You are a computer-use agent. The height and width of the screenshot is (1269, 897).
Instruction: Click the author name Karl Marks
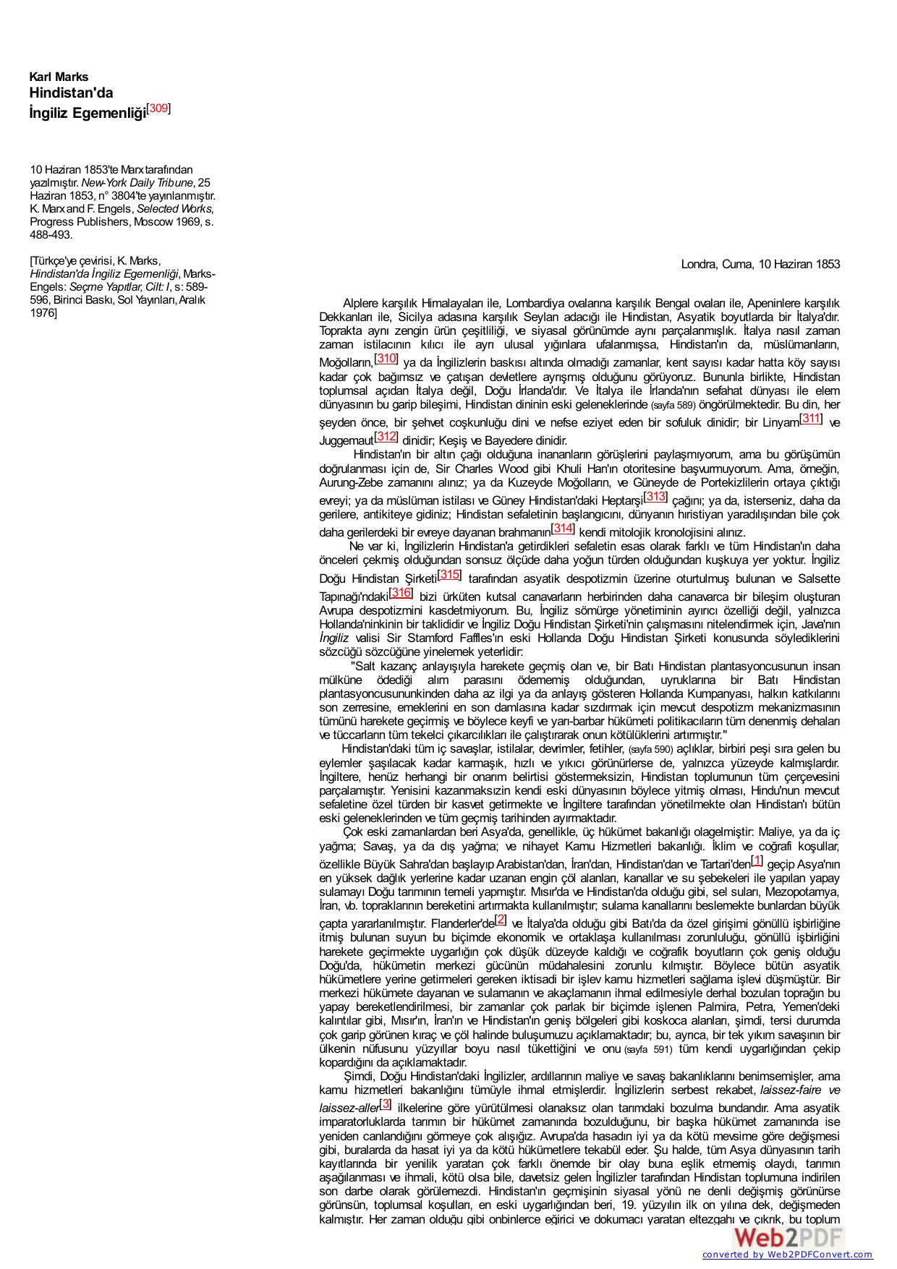59,77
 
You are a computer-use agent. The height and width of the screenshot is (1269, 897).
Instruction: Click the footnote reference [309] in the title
159,109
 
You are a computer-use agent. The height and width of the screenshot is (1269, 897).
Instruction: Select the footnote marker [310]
386,358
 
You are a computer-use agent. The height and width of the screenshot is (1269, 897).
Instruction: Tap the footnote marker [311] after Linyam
811,419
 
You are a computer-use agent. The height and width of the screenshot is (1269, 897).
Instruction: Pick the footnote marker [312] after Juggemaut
386,436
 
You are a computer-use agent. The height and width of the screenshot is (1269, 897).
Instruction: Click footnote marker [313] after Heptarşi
655,496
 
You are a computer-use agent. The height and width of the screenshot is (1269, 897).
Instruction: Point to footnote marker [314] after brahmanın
563,528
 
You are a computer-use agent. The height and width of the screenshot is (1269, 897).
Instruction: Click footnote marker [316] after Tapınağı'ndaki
401,593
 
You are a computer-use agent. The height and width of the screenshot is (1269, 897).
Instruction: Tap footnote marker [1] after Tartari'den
757,860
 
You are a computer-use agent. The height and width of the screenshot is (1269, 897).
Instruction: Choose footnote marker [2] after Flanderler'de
501,920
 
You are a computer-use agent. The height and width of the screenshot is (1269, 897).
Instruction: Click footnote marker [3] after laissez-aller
386,1103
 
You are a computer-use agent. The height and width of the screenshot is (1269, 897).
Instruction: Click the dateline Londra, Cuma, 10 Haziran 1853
760,264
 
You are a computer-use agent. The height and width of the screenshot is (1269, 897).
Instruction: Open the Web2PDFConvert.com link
787,1260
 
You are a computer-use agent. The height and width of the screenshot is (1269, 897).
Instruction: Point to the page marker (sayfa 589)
673,405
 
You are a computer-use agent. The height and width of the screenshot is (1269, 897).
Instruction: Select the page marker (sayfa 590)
650,749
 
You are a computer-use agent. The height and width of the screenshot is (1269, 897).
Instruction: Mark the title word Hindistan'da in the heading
71,93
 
